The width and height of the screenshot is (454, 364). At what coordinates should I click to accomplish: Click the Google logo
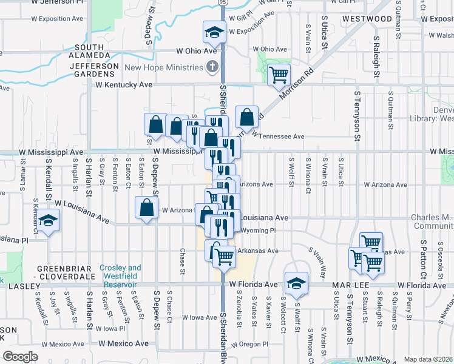click(20, 357)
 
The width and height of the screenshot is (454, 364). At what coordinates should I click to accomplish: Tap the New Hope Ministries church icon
click(212, 66)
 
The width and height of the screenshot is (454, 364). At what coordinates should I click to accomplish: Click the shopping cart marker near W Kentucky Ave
click(279, 75)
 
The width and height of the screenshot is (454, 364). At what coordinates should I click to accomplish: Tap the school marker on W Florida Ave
click(296, 283)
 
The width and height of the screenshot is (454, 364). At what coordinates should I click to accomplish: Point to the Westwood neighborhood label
click(367, 19)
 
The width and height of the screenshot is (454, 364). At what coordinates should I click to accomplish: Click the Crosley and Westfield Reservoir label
click(120, 272)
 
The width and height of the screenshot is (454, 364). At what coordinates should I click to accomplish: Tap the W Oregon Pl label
click(248, 344)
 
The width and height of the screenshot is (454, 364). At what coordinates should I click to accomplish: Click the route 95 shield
click(223, 3)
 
